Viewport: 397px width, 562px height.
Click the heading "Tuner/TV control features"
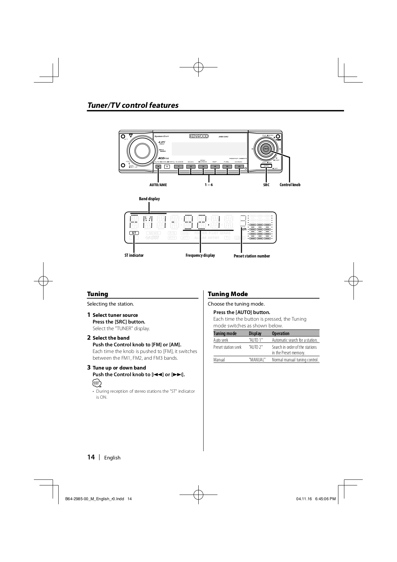(x=133, y=105)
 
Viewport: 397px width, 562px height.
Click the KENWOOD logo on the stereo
(x=199, y=136)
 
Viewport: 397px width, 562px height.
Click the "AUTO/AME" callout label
(x=158, y=185)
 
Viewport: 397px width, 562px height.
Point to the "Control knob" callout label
(x=290, y=185)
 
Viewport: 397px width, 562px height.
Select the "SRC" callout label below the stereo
(x=266, y=185)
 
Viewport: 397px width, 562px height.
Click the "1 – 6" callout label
(x=209, y=185)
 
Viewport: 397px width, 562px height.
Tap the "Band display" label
(x=149, y=199)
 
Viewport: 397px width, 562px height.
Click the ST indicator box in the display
(x=134, y=233)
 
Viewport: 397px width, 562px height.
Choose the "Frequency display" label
(x=200, y=255)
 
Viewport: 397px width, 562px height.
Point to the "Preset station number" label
(x=252, y=256)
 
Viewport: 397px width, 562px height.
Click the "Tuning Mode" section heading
(x=228, y=294)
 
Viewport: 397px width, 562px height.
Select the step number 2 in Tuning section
(x=89, y=338)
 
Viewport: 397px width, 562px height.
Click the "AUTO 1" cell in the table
(x=256, y=340)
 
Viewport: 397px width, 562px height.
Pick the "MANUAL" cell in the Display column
(x=257, y=360)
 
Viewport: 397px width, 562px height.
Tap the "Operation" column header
(x=280, y=333)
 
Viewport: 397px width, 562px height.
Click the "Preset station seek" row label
(x=227, y=347)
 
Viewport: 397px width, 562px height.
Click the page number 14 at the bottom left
(x=91, y=457)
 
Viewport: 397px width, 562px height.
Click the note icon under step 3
(x=97, y=383)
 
